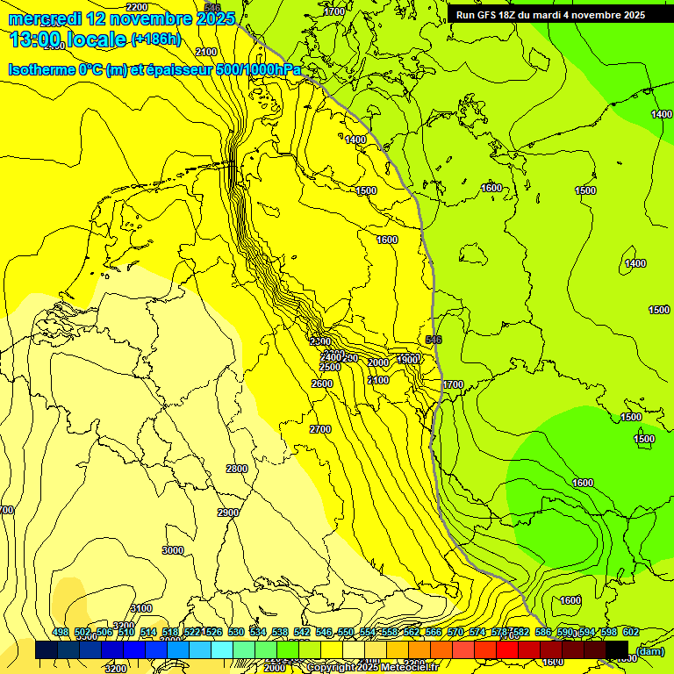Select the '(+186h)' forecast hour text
coord(155,39)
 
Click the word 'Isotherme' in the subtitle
coord(40,69)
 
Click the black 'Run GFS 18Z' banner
coord(550,14)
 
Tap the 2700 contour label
coord(320,428)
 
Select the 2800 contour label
coord(237,469)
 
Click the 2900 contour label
coord(228,513)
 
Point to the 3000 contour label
coord(173,550)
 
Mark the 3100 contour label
coord(140,608)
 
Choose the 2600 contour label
coord(322,384)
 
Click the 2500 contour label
coord(330,367)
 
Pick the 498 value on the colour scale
coord(61,632)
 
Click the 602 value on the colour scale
coord(631,632)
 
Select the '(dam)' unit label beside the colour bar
coord(650,650)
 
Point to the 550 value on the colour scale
coord(346,632)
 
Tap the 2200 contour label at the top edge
coord(137,7)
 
